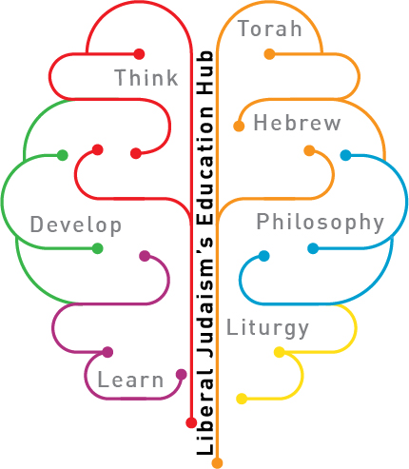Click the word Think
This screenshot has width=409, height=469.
(146, 78)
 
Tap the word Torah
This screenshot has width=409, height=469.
(270, 29)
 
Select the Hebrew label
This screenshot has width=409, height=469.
(297, 123)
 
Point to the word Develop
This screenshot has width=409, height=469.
(76, 225)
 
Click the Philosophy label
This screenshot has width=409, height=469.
(321, 222)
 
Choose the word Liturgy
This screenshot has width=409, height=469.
(267, 328)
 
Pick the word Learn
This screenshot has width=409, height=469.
(130, 380)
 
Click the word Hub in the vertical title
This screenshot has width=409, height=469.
(205, 72)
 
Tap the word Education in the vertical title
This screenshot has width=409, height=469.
(205, 166)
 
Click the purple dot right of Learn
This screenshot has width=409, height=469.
(181, 375)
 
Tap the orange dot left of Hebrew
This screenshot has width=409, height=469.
(239, 126)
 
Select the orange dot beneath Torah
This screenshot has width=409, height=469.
(269, 54)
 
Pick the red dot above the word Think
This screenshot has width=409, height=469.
(139, 54)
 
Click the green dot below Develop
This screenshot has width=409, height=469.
(97, 248)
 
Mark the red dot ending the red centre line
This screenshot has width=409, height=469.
(191, 422)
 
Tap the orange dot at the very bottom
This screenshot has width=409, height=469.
(217, 462)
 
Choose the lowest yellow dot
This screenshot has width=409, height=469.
(242, 399)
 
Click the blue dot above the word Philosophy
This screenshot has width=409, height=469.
(345, 155)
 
